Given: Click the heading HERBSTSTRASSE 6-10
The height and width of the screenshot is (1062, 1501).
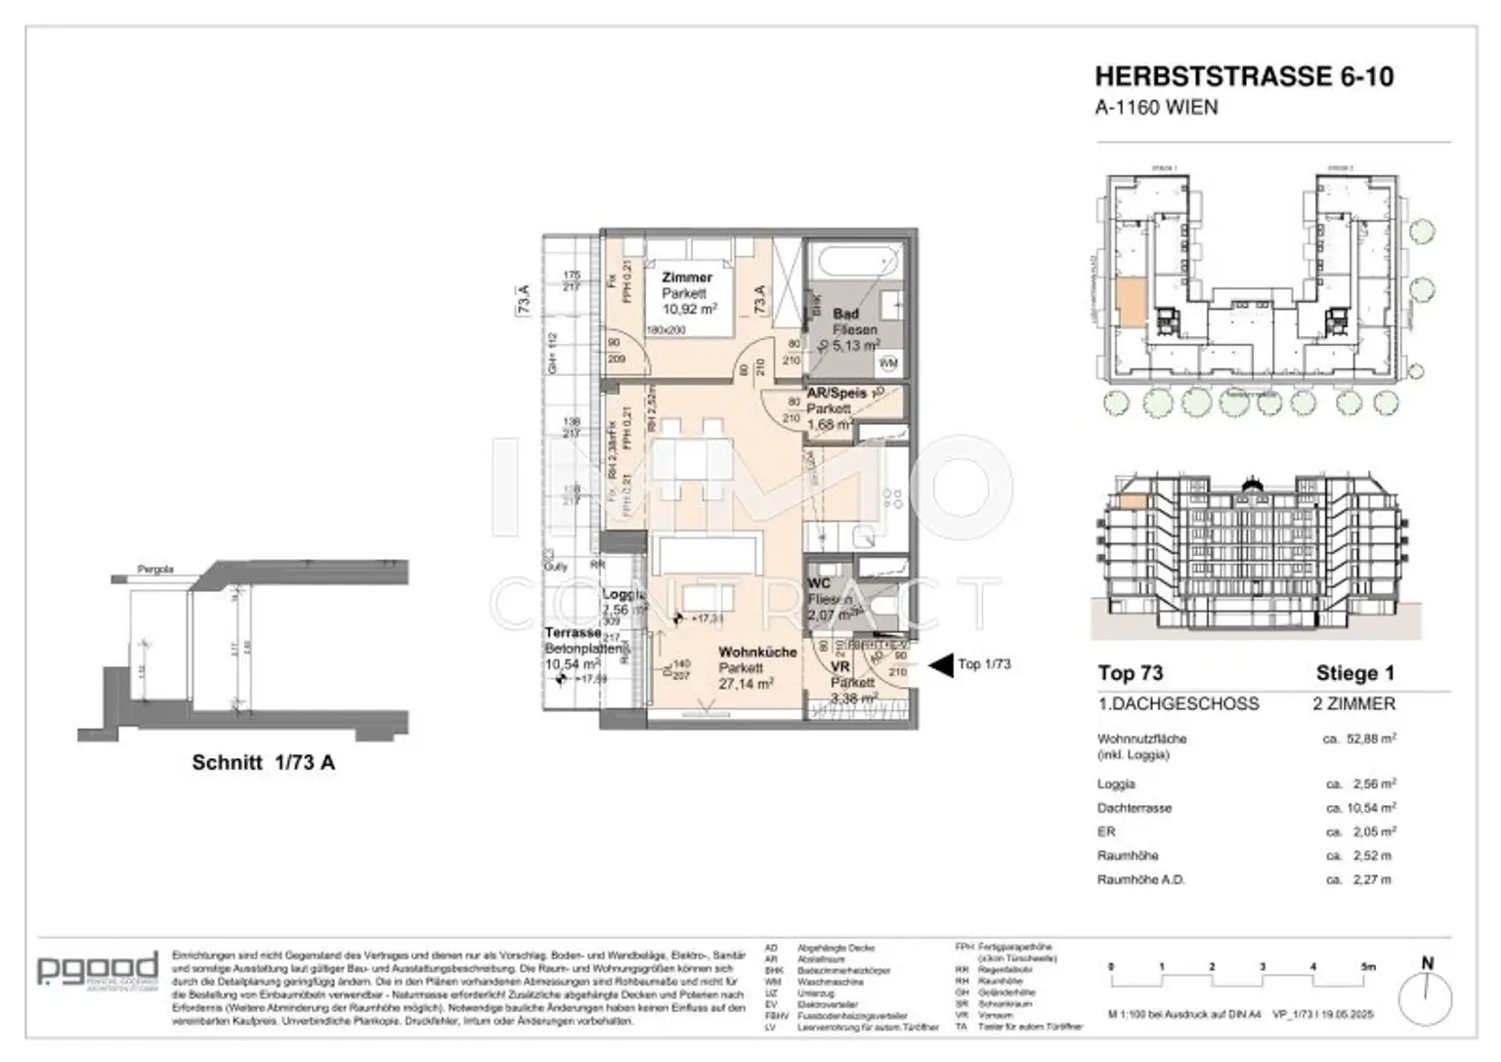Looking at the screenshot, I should (x=1243, y=76).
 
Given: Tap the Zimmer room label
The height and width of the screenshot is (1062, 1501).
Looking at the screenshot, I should (x=686, y=277).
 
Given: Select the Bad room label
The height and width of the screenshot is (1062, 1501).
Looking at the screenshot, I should (x=845, y=314).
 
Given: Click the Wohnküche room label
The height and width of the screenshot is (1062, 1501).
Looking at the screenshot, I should (x=757, y=652).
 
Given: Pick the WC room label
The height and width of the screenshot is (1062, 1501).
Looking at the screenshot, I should (x=819, y=583).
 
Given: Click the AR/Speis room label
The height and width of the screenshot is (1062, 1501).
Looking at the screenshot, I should (x=836, y=393).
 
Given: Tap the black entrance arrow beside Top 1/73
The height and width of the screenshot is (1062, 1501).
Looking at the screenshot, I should (x=939, y=665).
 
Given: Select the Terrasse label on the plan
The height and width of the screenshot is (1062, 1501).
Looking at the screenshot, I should (x=573, y=632).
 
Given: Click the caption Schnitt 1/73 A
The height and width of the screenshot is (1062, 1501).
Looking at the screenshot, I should (x=263, y=763).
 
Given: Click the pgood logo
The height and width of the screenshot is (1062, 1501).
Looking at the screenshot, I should (x=97, y=969).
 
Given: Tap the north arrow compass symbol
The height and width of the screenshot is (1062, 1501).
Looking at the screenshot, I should (x=1426, y=997).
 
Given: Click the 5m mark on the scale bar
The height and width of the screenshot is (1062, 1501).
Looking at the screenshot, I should (x=1367, y=966).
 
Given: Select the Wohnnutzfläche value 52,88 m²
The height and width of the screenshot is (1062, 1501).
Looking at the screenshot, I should (x=1360, y=740).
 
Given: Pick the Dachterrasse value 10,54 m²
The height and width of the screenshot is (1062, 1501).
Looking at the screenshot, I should (x=1360, y=808).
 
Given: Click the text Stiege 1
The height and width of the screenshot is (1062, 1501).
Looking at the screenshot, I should (x=1354, y=673).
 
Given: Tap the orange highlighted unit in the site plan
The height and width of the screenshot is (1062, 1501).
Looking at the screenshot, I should (x=1129, y=302).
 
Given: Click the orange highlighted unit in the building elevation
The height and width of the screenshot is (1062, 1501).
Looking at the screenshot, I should (x=1132, y=502).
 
